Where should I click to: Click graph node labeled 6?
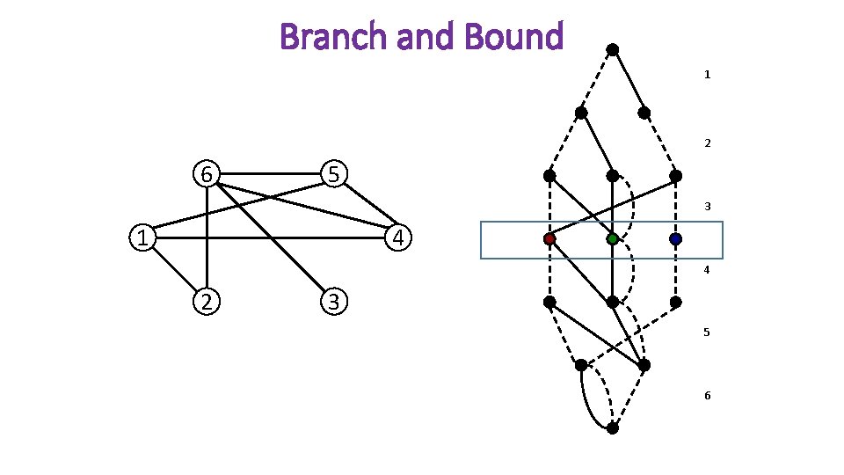[206, 174]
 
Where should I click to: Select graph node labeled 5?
[333, 174]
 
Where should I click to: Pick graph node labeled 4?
[398, 237]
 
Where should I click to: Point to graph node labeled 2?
[206, 302]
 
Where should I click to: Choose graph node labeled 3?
[333, 302]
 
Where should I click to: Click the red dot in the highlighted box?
[549, 239]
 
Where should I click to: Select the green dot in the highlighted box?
[613, 239]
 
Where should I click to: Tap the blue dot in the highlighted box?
[675, 239]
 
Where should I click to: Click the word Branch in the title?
[333, 37]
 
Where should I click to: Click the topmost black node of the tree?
[613, 49]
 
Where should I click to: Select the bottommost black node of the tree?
[613, 428]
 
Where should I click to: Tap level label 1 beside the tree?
[707, 76]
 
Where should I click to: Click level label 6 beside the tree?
[707, 396]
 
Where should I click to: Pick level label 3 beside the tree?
[707, 207]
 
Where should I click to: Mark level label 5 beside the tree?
[707, 333]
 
